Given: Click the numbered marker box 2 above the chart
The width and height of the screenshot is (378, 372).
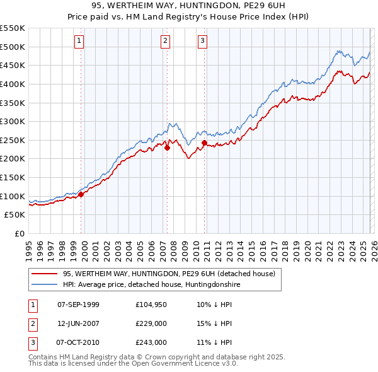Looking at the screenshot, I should coord(166,42).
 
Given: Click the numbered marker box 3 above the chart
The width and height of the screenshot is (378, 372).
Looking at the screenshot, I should coord(203,42).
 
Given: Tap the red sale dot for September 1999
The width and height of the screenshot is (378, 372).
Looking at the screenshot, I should coord(81,194).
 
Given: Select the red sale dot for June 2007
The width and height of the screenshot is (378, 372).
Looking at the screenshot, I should coord(167,148).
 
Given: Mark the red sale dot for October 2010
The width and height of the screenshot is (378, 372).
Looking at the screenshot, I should coord(204,142).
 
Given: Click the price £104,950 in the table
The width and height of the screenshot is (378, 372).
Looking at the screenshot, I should coord(151,305).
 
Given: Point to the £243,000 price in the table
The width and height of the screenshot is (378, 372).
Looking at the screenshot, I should coord(151,342).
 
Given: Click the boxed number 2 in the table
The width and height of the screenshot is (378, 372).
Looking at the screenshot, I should coord(32,323).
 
